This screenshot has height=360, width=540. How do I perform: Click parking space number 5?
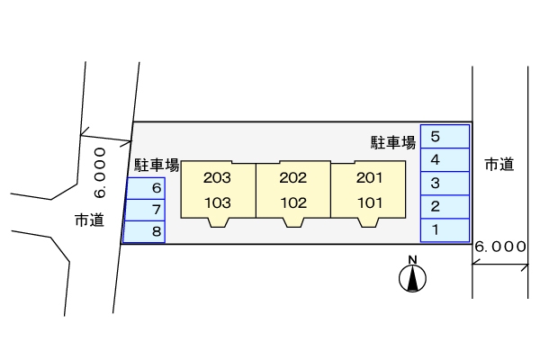tap(445, 137)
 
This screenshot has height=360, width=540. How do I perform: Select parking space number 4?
tap(445, 160)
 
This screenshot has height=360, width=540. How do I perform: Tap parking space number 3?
tap(445, 184)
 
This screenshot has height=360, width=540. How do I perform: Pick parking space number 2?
tap(445, 207)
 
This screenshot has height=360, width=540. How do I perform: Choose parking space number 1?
tap(445, 230)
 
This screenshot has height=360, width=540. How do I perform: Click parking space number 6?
tap(146, 188)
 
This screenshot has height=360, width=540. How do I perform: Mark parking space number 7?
tap(146, 210)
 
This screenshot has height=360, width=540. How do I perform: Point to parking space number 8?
tap(146, 231)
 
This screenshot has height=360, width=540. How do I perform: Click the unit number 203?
tap(218, 177)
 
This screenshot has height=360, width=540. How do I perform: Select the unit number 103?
tap(218, 202)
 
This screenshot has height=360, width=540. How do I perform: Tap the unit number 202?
tap(293, 177)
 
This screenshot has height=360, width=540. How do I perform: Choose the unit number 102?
tap(293, 202)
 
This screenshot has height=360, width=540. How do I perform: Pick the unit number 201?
tap(369, 177)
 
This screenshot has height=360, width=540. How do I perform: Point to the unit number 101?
tap(369, 202)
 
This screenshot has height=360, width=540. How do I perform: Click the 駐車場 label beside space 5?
tap(393, 142)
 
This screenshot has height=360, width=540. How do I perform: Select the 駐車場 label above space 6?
tap(157, 166)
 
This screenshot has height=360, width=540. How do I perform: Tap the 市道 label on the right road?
tap(499, 164)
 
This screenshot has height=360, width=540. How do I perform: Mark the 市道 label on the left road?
tap(89, 220)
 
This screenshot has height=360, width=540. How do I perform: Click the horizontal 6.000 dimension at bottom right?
tap(500, 246)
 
